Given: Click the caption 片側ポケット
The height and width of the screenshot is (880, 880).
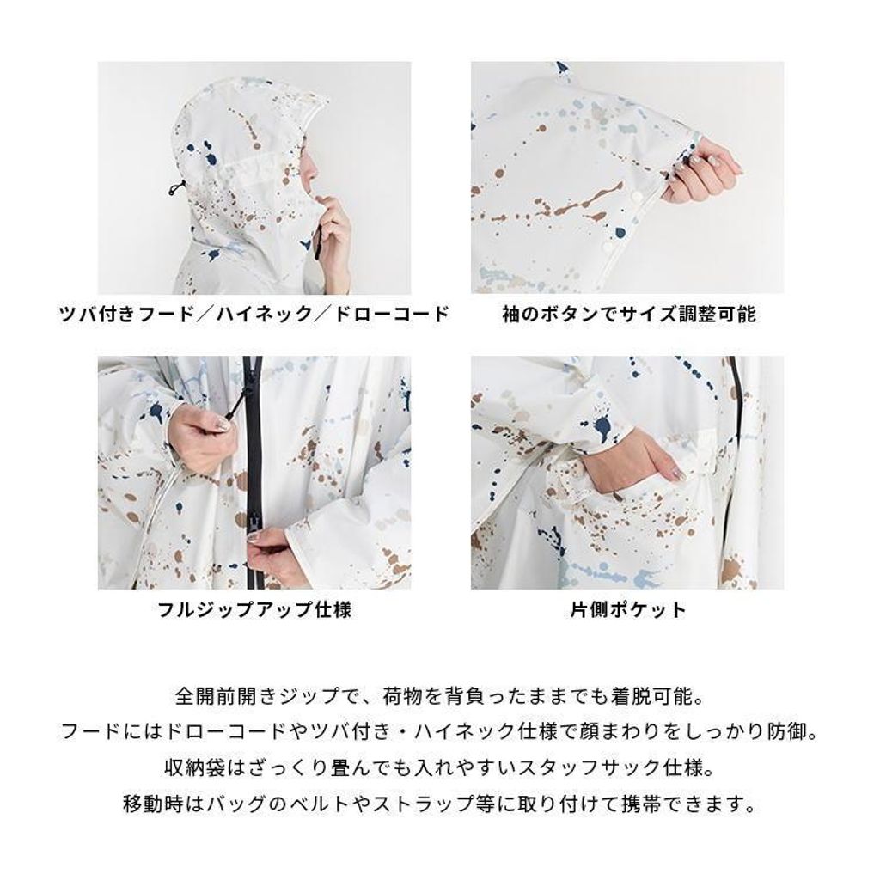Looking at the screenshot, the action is tap(628, 609).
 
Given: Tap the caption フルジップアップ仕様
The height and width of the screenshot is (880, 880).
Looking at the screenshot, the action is tap(254, 609).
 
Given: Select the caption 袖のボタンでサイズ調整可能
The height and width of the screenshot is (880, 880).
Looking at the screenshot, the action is tap(628, 314).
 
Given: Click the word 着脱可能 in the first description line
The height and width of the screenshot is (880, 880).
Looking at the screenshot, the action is tap(653, 697).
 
